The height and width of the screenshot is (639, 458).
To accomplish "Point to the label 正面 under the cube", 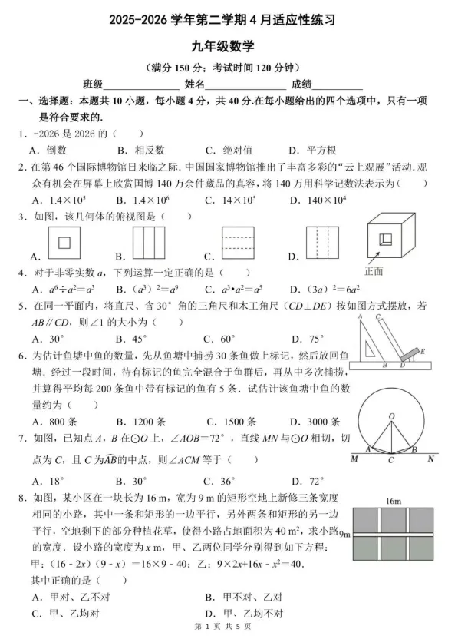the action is click(374, 271).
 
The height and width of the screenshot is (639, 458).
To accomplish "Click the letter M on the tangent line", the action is click(354, 460).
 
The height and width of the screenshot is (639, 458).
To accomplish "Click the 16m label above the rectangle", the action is click(394, 501).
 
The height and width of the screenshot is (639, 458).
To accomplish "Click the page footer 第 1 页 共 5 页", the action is click(229, 630).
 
